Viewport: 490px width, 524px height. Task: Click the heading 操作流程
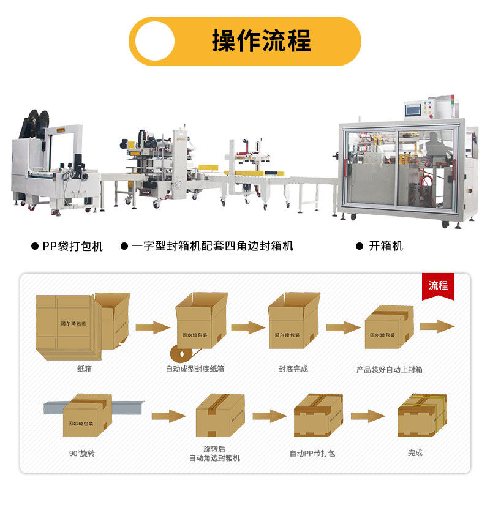coord(262,41)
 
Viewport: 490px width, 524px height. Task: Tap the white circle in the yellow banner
coord(155,41)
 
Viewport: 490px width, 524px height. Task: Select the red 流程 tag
coord(438,285)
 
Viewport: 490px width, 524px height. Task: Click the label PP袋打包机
coord(72,246)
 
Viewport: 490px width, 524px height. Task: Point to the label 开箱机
coord(386,246)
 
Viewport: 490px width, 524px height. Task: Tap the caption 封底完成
coord(293,369)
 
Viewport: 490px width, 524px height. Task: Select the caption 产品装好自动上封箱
coord(390,369)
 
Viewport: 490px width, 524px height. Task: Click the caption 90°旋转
coord(81,454)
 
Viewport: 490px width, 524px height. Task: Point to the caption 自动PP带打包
coord(312,454)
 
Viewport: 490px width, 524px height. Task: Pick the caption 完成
coord(415,453)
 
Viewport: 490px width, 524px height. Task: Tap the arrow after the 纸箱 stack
coord(153,327)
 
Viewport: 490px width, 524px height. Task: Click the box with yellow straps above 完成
coord(422,416)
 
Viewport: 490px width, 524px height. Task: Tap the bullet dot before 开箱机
coord(360,246)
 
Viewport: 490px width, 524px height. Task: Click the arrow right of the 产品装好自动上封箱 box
coord(437,325)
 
